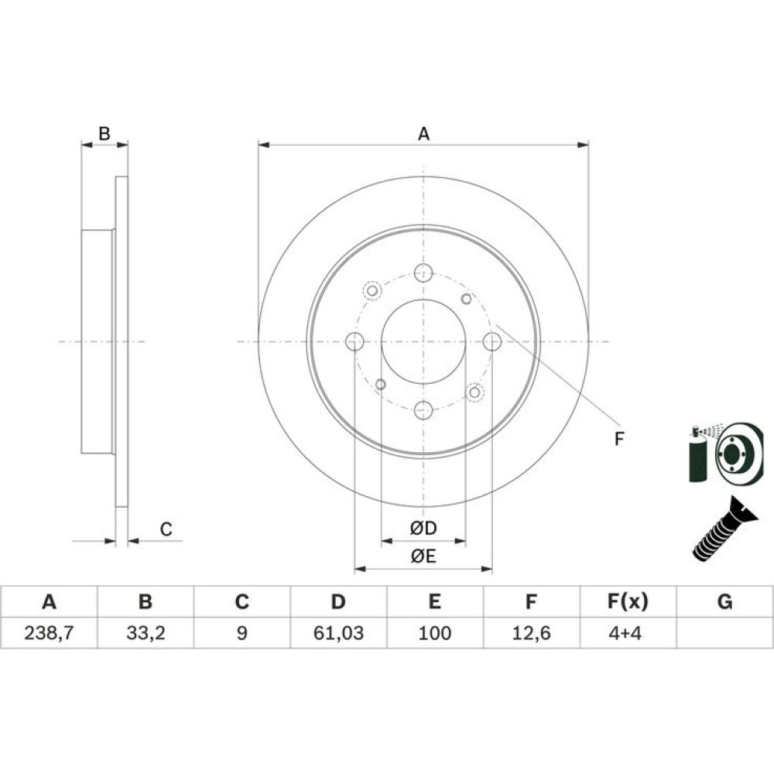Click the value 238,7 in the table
pos(49,632)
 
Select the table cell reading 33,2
pos(146,632)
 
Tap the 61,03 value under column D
pos(339,632)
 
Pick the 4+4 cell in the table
pos(625,632)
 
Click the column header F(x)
pos(628,601)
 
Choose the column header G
pos(724,601)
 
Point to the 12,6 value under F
pos(531,632)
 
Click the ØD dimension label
pos(423,529)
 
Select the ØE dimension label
pos(423,557)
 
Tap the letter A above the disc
pos(423,134)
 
